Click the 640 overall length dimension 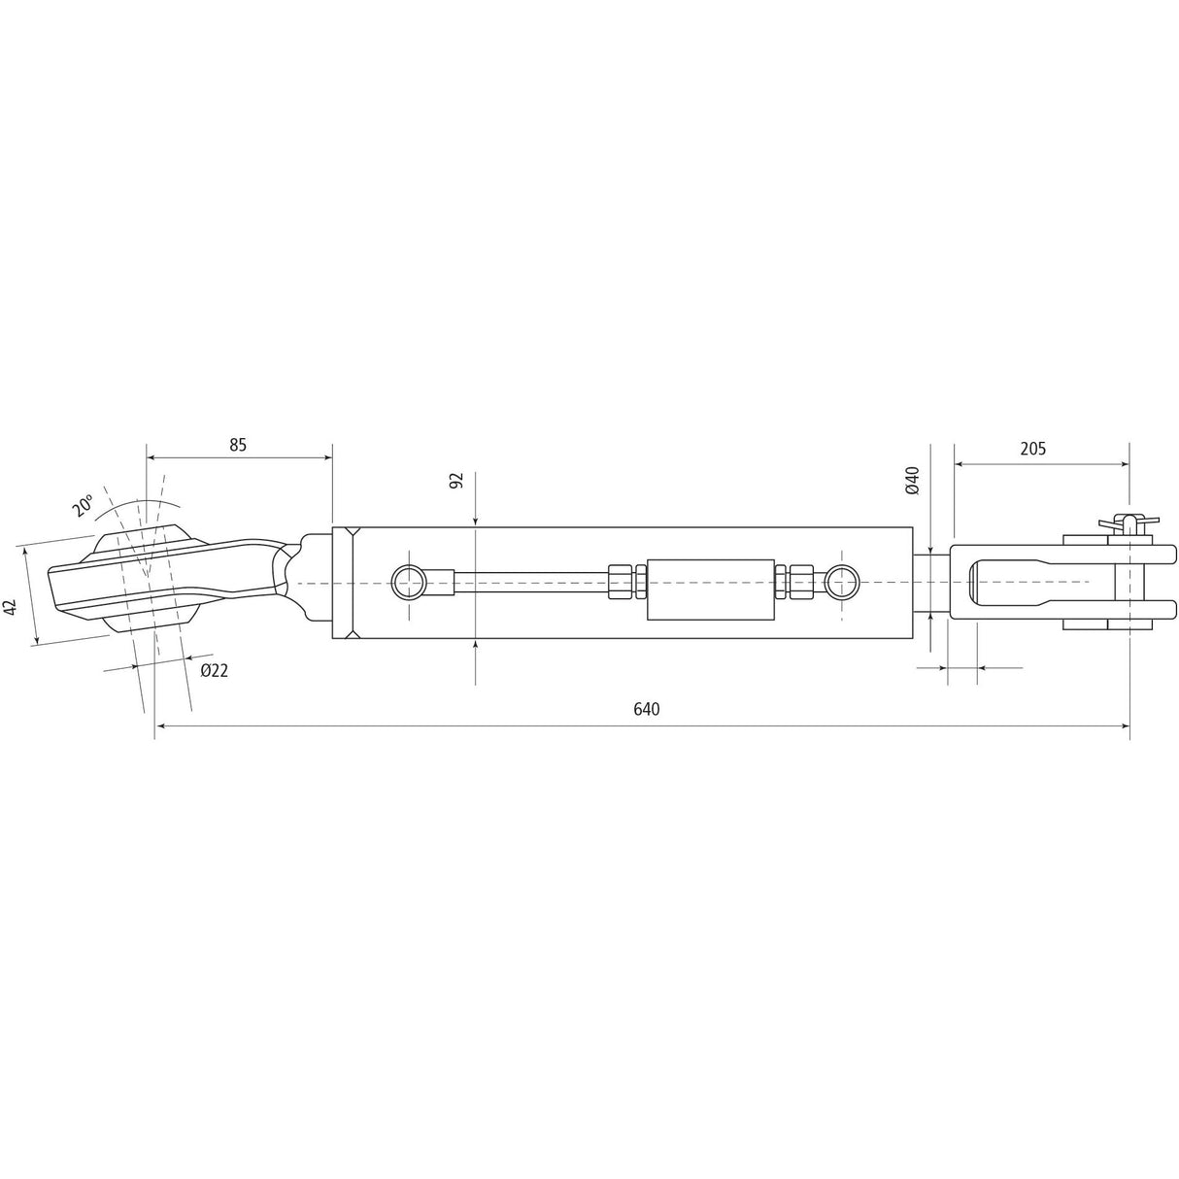pyautogui.click(x=647, y=709)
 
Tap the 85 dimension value pyautogui.click(x=238, y=445)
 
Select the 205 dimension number pyautogui.click(x=1033, y=449)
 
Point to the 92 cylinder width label pyautogui.click(x=457, y=481)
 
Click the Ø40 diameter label pyautogui.click(x=912, y=481)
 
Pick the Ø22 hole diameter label pyautogui.click(x=214, y=670)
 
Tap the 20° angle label pyautogui.click(x=83, y=505)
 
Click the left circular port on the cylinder pyautogui.click(x=408, y=583)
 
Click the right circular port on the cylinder pyautogui.click(x=841, y=583)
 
